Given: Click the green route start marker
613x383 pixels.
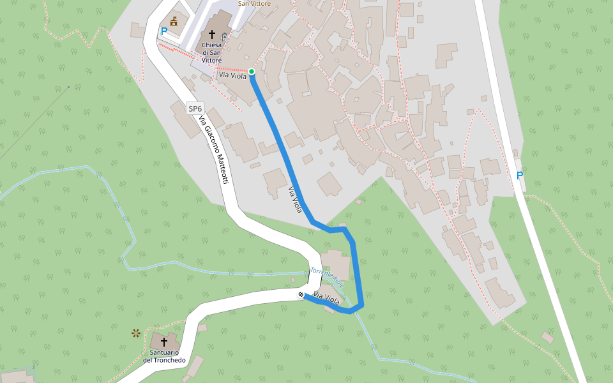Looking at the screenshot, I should (x=252, y=71).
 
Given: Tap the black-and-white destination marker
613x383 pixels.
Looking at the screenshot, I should (x=301, y=295).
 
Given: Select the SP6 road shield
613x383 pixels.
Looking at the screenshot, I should (x=195, y=109).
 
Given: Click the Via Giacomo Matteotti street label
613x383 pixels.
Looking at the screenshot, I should (x=213, y=150).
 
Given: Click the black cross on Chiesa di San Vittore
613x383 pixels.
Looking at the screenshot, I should (x=211, y=34).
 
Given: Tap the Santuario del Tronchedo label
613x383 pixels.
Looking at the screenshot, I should (x=165, y=356).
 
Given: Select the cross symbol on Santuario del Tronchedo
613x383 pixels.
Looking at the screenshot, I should (x=164, y=342).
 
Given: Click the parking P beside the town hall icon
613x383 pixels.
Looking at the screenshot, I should (x=164, y=31).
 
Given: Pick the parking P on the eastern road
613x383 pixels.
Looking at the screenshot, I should (x=520, y=176).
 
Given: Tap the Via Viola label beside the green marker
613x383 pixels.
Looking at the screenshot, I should (x=232, y=76).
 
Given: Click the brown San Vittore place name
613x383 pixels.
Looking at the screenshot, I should (x=254, y=3).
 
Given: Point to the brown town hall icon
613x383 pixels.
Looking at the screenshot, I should (x=173, y=21).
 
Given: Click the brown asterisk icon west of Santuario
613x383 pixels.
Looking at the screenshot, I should (x=135, y=333).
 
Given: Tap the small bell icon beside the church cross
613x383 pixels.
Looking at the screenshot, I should (x=223, y=38).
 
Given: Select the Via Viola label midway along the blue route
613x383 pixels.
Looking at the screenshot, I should (x=295, y=199).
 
